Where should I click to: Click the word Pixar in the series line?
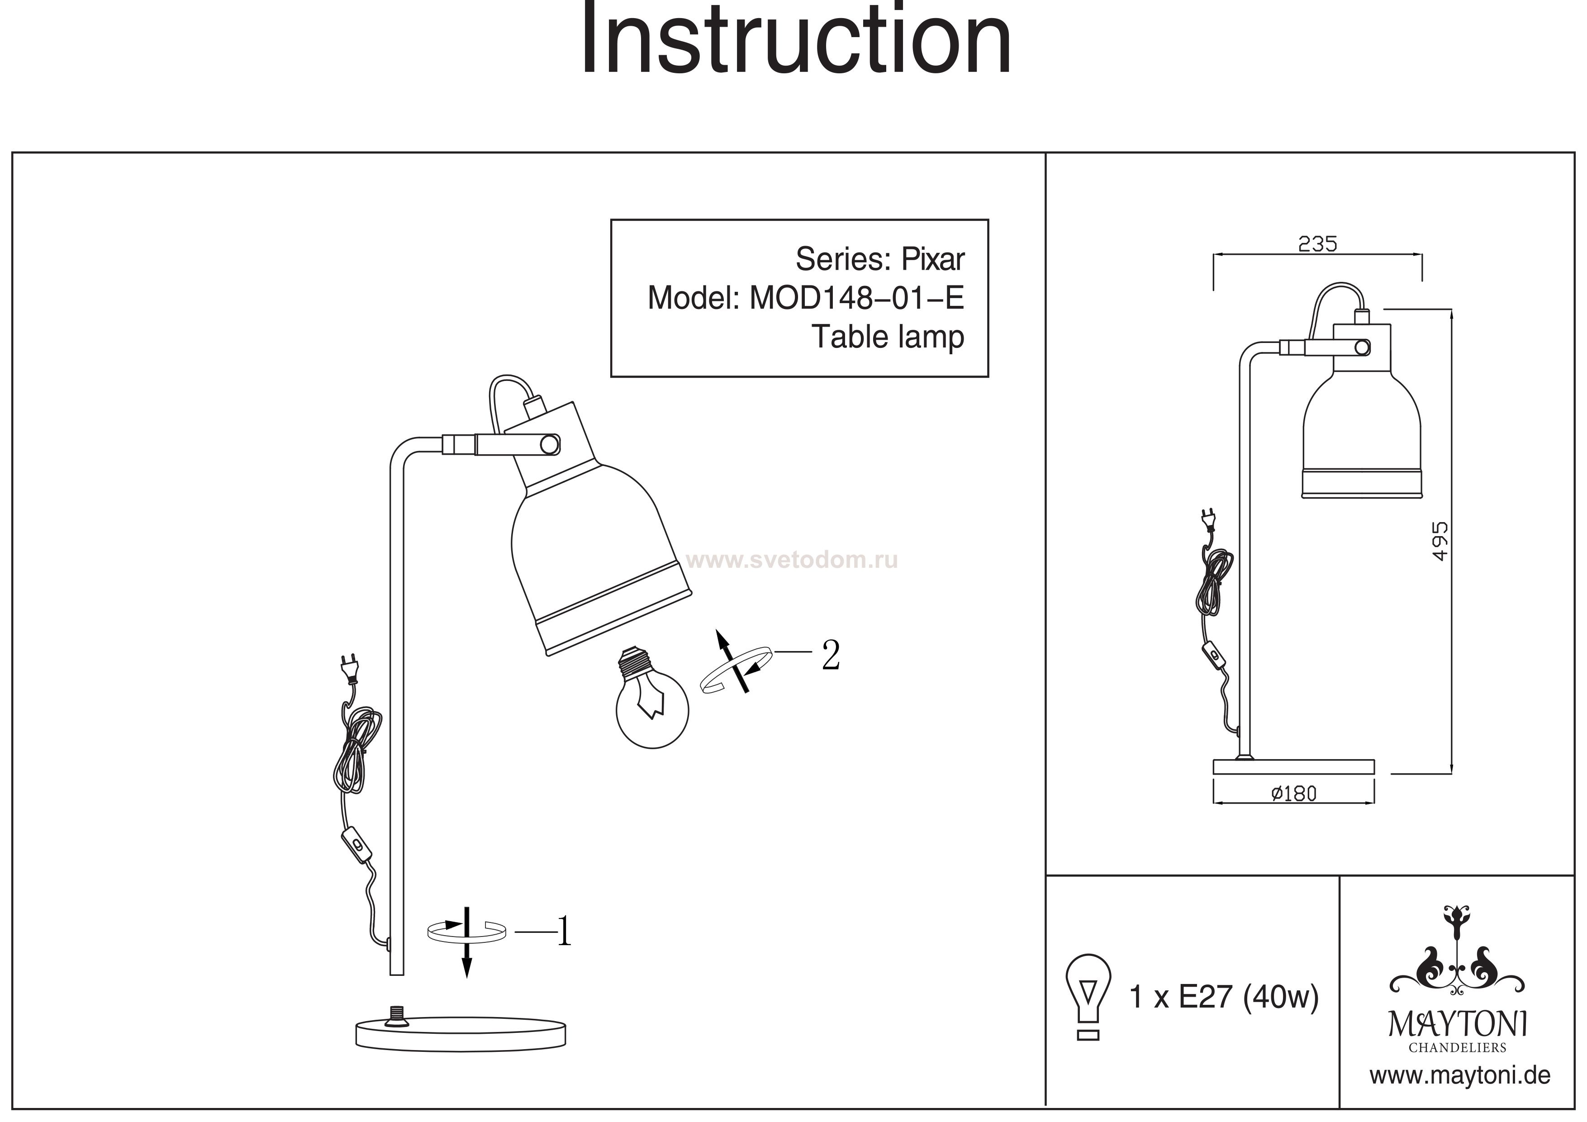(x=932, y=259)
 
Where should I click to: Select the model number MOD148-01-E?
(x=857, y=298)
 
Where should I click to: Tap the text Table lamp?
(x=888, y=338)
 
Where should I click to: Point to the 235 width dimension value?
(x=1317, y=244)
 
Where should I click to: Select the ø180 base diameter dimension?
(x=1294, y=794)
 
